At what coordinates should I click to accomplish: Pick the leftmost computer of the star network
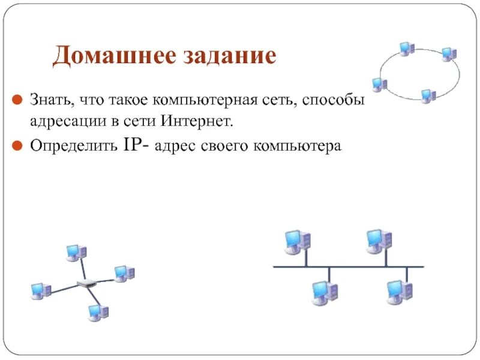tap(41, 292)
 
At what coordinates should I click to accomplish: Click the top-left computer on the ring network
tap(406, 49)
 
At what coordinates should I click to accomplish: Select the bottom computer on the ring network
tap(427, 96)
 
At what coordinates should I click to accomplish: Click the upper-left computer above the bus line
tap(296, 241)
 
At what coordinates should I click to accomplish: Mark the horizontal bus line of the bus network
tap(348, 266)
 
